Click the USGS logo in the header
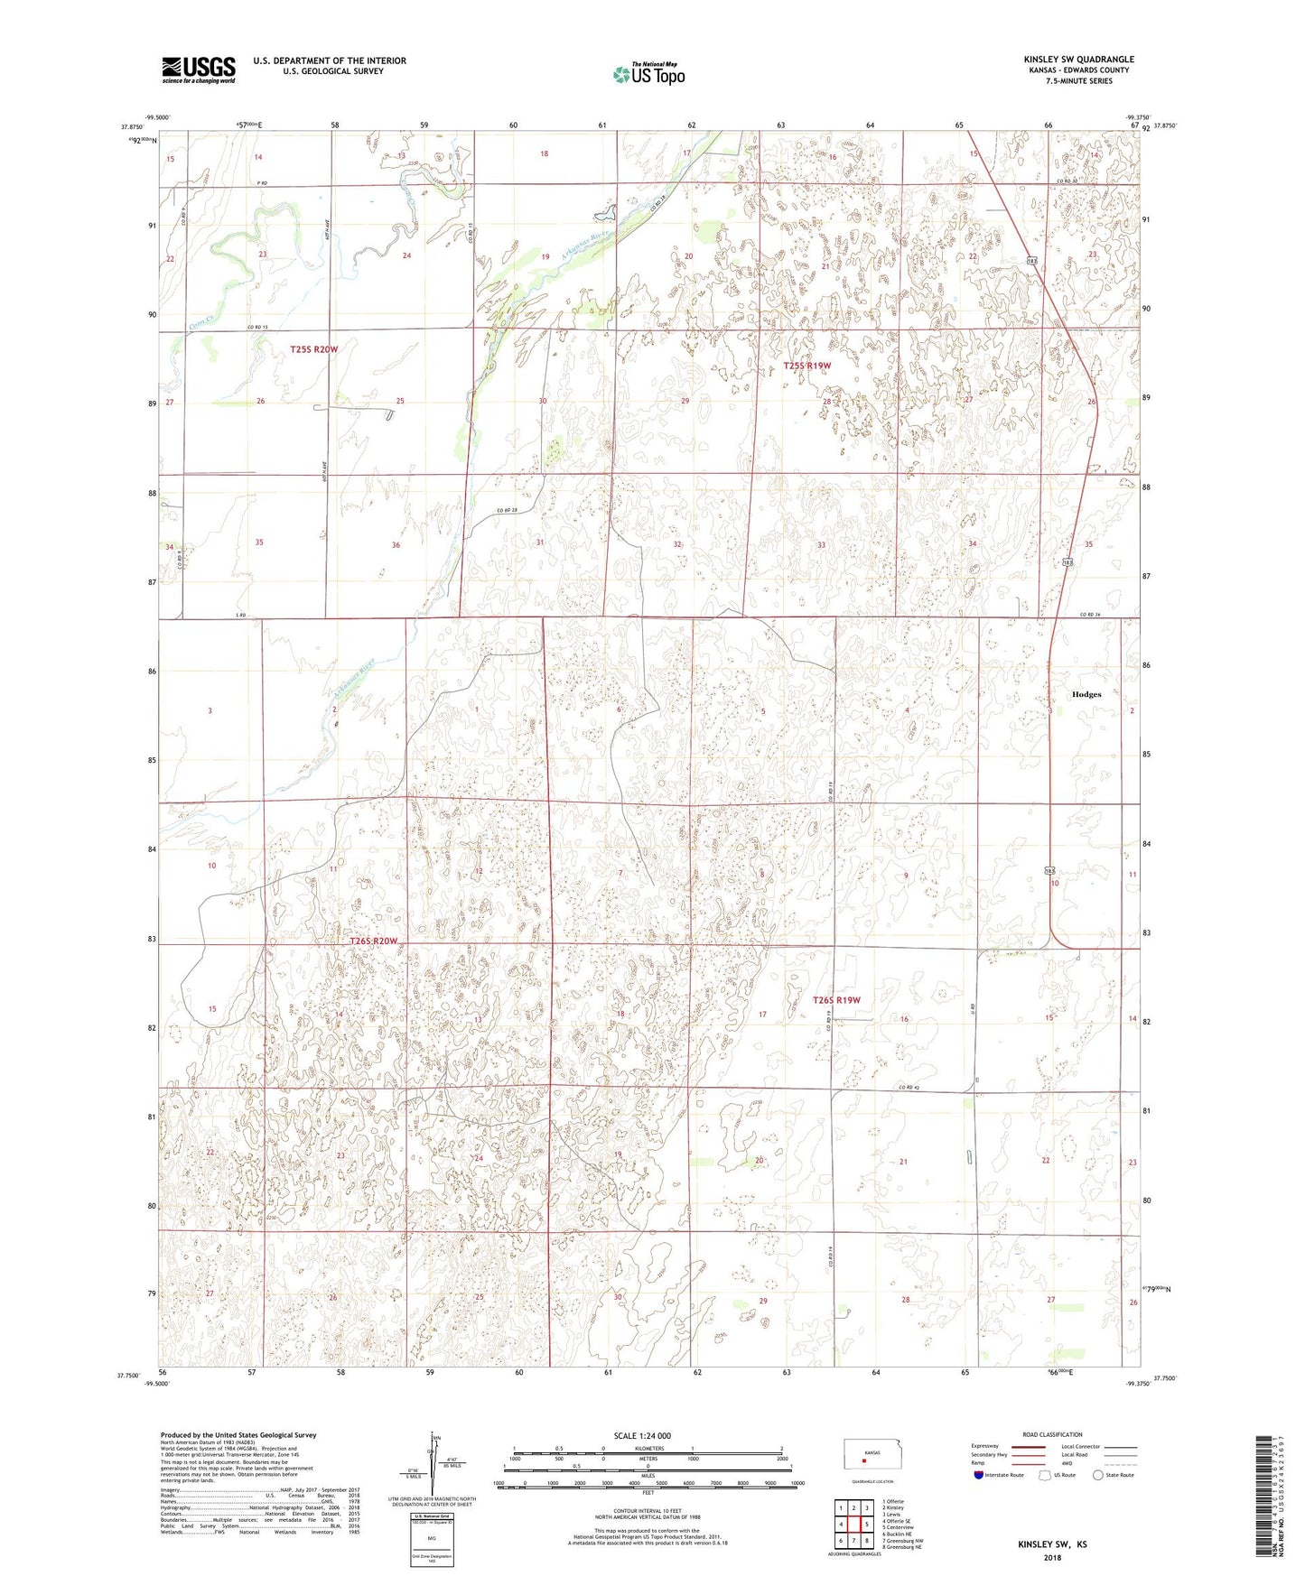(x=198, y=70)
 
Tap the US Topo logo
(x=648, y=74)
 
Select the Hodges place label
(x=1086, y=694)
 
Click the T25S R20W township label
(x=313, y=348)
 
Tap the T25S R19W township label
(x=806, y=366)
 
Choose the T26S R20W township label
(x=373, y=941)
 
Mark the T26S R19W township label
(x=836, y=1000)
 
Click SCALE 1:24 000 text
(x=641, y=1435)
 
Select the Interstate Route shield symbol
(x=980, y=1475)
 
